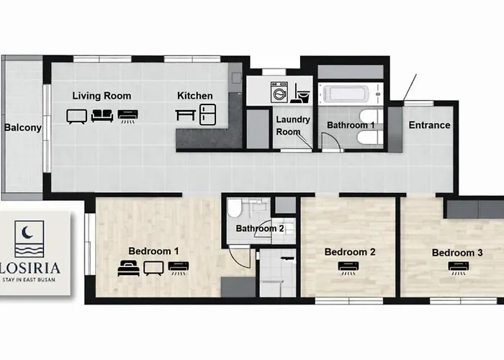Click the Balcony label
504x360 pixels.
click(x=23, y=127)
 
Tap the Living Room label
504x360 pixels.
click(x=102, y=96)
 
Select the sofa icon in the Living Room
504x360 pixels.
click(x=102, y=116)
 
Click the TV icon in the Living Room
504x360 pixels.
click(x=77, y=117)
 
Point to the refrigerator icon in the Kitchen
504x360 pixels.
click(x=207, y=114)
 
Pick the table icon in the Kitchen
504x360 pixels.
click(x=186, y=115)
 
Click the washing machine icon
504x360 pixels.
click(x=279, y=92)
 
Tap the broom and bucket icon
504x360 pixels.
click(x=300, y=93)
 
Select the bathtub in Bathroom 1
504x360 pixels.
click(x=346, y=94)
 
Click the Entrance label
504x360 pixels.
click(x=429, y=125)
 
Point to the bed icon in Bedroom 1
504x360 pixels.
click(x=129, y=268)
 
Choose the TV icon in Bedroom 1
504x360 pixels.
click(x=153, y=269)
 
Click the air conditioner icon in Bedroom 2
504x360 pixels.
click(x=348, y=268)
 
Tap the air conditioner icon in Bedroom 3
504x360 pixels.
click(x=459, y=268)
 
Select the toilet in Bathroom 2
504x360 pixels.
click(x=234, y=208)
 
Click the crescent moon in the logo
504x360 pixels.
click(x=27, y=233)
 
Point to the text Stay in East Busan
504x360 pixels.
click(x=29, y=279)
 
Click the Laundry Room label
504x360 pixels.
click(x=293, y=126)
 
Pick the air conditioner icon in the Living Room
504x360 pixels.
click(x=128, y=117)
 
